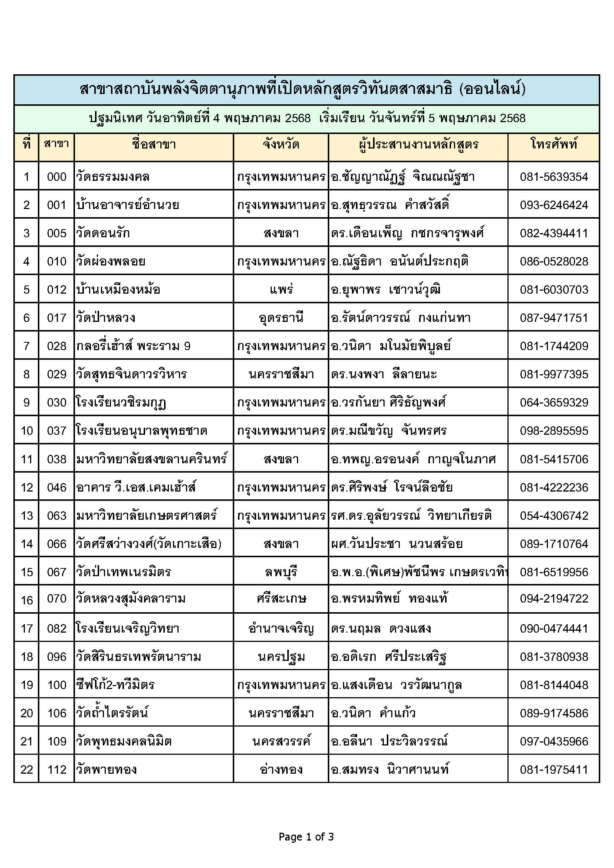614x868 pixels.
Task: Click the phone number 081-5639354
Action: click(554, 177)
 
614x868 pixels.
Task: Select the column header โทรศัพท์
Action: click(554, 144)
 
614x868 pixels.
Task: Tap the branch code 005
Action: click(57, 233)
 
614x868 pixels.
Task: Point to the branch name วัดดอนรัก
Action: click(103, 233)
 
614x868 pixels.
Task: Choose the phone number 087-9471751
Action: click(554, 318)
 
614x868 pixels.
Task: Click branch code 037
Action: click(57, 431)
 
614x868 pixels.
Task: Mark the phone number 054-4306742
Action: click(554, 516)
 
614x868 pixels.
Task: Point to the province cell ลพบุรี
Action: click(281, 572)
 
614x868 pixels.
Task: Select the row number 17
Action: click(27, 629)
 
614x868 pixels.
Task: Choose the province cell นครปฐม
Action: click(281, 657)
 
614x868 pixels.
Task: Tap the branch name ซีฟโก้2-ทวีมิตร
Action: click(115, 685)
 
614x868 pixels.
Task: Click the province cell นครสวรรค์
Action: click(281, 741)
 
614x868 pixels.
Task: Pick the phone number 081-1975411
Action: click(554, 770)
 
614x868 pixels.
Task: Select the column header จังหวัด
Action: click(281, 144)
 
